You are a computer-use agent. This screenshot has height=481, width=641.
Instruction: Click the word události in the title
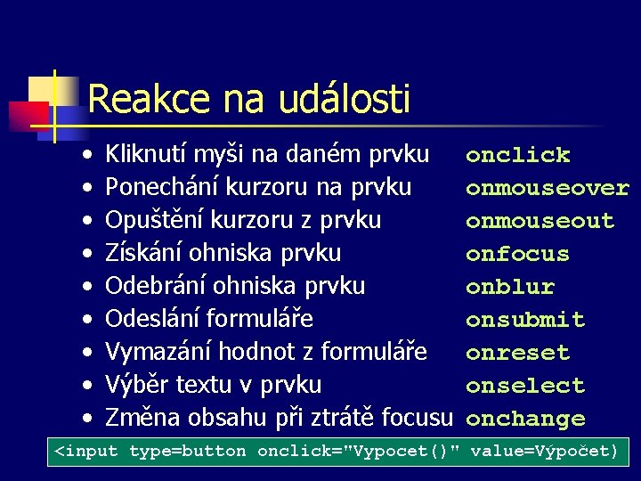click(345, 99)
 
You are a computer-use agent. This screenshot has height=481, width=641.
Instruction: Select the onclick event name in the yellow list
click(517, 155)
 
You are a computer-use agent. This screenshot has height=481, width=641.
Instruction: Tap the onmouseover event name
click(547, 188)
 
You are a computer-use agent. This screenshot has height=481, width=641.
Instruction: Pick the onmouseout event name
click(540, 221)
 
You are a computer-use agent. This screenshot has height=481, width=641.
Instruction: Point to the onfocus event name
click(517, 254)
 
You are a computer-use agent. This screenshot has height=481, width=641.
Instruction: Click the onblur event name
click(510, 287)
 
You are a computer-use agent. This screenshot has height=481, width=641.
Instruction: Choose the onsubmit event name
click(525, 320)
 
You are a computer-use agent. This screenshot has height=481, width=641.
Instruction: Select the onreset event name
click(517, 353)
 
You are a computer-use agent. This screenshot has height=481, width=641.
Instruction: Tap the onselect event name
click(525, 386)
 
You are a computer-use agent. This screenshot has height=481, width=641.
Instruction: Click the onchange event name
click(525, 419)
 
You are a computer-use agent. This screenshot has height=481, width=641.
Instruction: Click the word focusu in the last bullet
click(424, 417)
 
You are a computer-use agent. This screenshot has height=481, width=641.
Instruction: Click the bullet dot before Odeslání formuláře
click(88, 320)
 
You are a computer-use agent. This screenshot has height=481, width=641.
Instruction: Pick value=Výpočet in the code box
click(543, 452)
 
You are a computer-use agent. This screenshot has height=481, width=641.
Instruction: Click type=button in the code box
click(187, 452)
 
